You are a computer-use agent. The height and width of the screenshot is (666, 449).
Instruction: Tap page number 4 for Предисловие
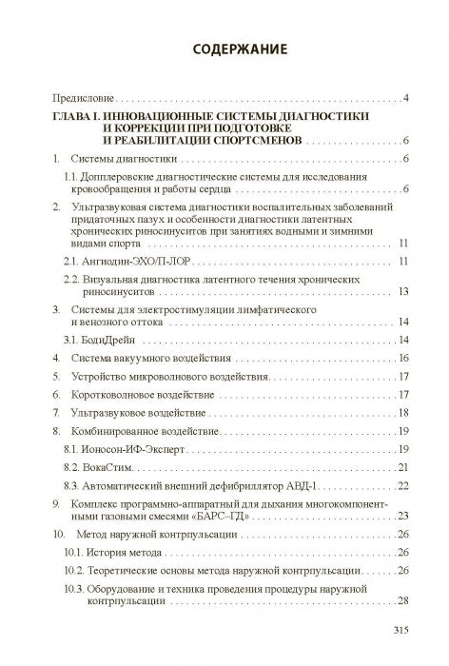(406, 98)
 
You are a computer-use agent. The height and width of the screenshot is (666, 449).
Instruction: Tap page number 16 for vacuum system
(403, 358)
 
